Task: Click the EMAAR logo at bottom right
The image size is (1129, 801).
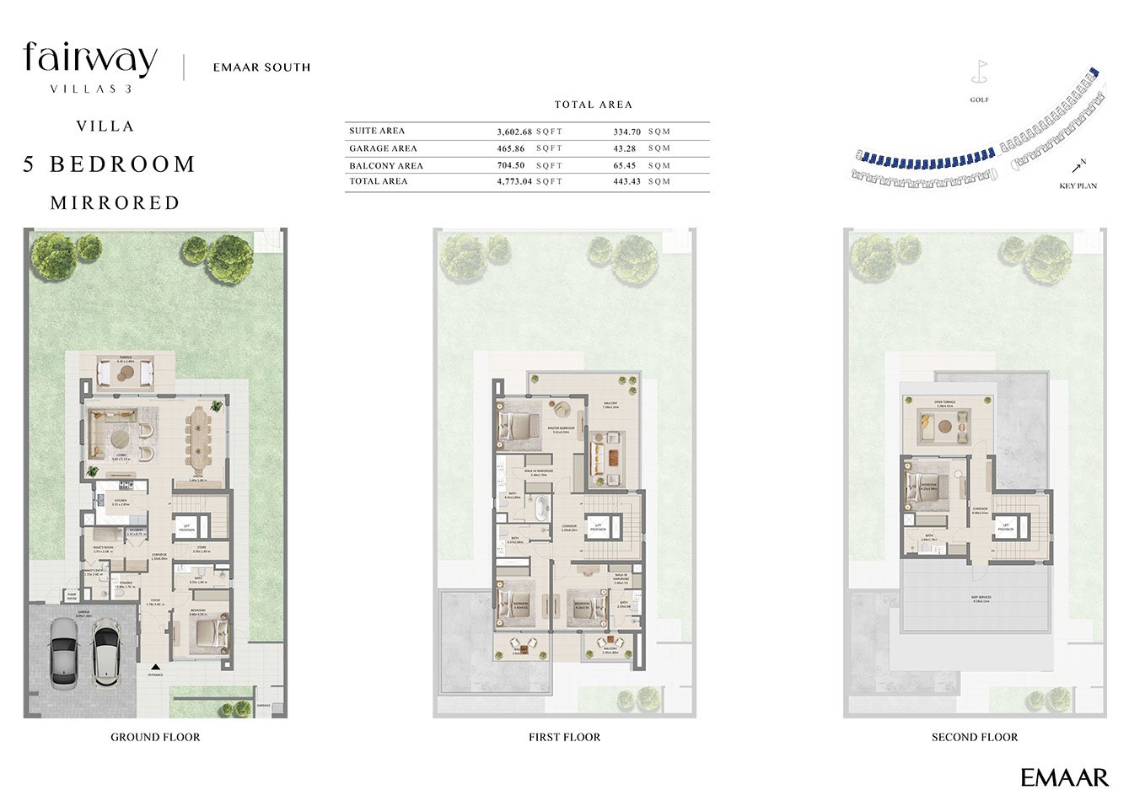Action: tap(1064, 777)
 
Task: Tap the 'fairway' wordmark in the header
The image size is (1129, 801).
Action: tap(90, 59)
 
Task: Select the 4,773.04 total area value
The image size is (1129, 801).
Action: tap(514, 181)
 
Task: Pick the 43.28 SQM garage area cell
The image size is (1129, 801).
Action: tap(625, 148)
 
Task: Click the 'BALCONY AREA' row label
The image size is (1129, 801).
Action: tap(386, 166)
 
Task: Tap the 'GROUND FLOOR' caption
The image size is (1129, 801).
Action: tap(155, 737)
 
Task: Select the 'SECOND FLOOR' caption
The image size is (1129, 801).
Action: tap(974, 737)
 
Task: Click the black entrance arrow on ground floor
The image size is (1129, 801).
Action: tap(155, 666)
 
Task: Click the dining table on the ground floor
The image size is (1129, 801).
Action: tap(200, 438)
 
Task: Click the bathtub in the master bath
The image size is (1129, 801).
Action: tap(541, 509)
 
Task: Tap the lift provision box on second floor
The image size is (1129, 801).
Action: tap(1006, 528)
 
